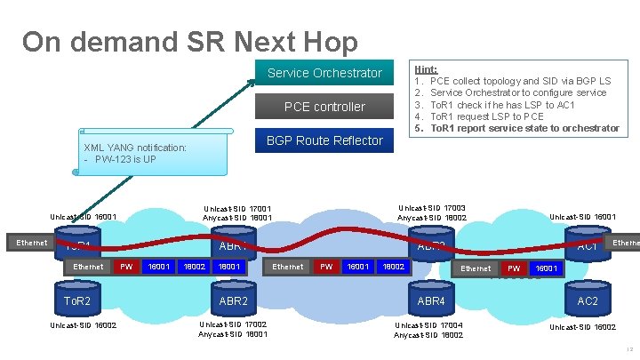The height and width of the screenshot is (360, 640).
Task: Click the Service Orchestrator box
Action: pyautogui.click(x=324, y=73)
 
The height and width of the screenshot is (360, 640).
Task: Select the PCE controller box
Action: pyautogui.click(x=324, y=107)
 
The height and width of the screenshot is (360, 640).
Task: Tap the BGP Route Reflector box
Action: pyautogui.click(x=324, y=140)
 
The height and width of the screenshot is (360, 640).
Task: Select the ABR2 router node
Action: pyautogui.click(x=233, y=301)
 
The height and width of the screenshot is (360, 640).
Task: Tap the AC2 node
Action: pyautogui.click(x=588, y=301)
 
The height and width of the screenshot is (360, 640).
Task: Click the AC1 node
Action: pyautogui.click(x=588, y=245)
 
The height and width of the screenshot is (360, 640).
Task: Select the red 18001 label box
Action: pyautogui.click(x=229, y=266)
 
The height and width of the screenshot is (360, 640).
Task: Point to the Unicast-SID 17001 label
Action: pyautogui.click(x=237, y=210)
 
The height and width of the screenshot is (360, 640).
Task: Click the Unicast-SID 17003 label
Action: pyautogui.click(x=431, y=208)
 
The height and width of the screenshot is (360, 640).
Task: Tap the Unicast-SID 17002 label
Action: pyautogui.click(x=233, y=325)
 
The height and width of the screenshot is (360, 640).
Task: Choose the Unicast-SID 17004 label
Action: pyautogui.click(x=428, y=325)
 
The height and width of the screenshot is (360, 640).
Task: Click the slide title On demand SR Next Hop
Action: pyautogui.click(x=190, y=42)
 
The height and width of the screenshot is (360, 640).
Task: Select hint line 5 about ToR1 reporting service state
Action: pyautogui.click(x=524, y=128)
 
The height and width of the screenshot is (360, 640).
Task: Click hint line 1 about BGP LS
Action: pyautogui.click(x=520, y=81)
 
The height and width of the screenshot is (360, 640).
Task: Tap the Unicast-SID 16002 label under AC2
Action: pyautogui.click(x=582, y=327)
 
